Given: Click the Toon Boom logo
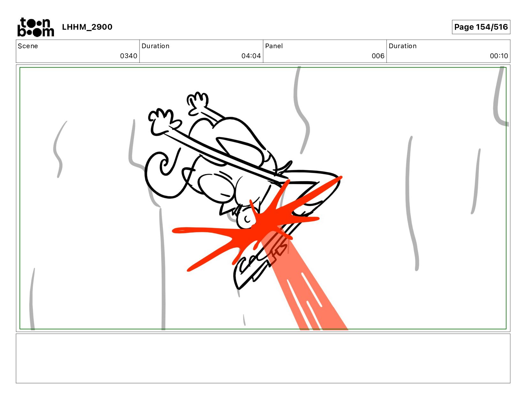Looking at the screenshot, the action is tap(36, 27).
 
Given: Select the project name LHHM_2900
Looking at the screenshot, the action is tap(87, 27).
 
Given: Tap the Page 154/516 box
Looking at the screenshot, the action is tap(481, 27).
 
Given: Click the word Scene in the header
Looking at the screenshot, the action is tap(28, 46).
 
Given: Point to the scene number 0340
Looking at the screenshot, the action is tap(128, 56).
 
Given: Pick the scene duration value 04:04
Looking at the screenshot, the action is tap(251, 56).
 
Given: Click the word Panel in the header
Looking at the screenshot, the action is tap(274, 46).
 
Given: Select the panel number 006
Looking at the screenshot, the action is tap(378, 56).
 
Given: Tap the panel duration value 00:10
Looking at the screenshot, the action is tap(499, 56).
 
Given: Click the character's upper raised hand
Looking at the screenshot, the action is tap(198, 102).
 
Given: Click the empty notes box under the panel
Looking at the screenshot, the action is tap(263, 358).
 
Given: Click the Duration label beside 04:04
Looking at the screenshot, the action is tap(156, 46).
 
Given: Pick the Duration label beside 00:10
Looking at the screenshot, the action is tap(402, 46).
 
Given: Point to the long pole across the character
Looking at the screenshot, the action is tap(225, 155).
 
